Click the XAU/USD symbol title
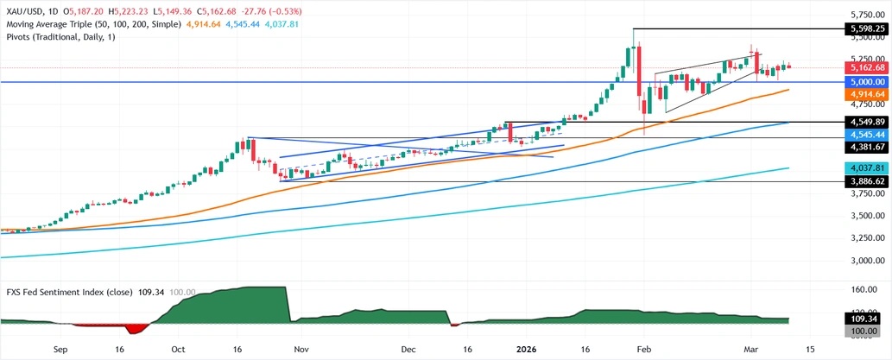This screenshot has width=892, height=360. pyautogui.click(x=25, y=7)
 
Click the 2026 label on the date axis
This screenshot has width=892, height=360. pyautogui.click(x=526, y=351)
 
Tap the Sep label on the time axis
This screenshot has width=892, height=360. pyautogui.click(x=60, y=351)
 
